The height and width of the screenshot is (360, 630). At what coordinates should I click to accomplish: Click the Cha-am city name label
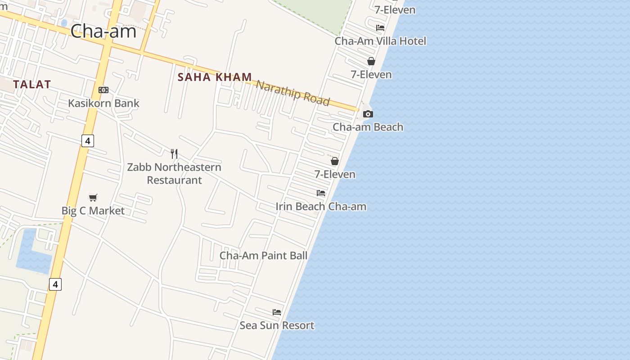[103, 31]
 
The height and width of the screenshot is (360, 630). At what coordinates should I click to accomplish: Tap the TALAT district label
[32, 84]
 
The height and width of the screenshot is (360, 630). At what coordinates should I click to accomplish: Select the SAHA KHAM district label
[215, 77]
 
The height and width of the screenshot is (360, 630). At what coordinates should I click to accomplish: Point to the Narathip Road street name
[293, 93]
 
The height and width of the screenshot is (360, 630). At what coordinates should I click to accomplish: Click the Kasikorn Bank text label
[103, 103]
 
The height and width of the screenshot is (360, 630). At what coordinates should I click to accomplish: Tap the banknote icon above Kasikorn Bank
[103, 90]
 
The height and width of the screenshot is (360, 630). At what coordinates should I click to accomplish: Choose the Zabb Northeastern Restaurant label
[174, 174]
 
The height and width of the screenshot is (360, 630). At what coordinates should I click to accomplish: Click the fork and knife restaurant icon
[174, 154]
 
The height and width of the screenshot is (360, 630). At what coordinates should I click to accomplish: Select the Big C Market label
[93, 211]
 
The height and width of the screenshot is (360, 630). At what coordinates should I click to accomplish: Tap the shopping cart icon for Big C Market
[93, 198]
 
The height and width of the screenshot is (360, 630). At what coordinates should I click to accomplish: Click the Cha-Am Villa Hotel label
[380, 41]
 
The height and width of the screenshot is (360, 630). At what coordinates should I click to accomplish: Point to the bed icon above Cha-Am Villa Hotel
[380, 28]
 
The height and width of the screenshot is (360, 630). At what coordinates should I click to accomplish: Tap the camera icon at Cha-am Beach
[368, 114]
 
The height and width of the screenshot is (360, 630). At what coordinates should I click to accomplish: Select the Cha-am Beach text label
[368, 127]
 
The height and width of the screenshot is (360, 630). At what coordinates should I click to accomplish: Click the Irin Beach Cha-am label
[321, 207]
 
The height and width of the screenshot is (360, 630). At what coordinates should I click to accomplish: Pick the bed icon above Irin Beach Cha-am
[321, 193]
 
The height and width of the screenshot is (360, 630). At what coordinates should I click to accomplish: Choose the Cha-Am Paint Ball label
[264, 256]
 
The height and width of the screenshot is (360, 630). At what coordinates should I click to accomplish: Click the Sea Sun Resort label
[277, 325]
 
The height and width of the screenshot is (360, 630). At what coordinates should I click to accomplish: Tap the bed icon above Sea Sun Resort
[277, 312]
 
